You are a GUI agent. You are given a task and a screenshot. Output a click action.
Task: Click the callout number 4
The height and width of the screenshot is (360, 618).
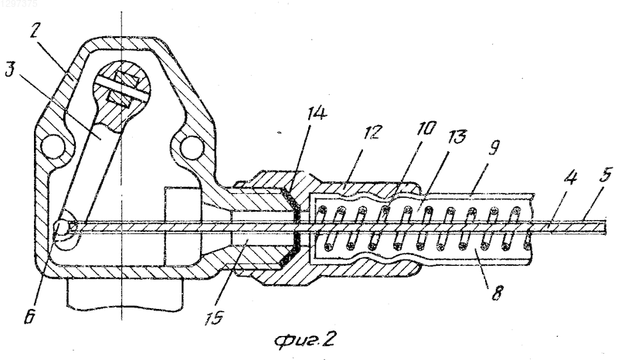(x=570, y=178)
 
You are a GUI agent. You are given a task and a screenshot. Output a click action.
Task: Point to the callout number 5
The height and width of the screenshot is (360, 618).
(x=605, y=175)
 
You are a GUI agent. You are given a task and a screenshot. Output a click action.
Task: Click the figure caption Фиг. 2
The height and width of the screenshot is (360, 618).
(x=304, y=339)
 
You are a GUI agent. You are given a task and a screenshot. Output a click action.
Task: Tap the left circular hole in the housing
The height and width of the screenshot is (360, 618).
(x=53, y=147)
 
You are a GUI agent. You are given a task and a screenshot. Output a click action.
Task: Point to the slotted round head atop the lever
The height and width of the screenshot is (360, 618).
(x=122, y=89)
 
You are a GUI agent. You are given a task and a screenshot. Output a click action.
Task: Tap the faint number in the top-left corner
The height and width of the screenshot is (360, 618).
(x=19, y=5)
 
